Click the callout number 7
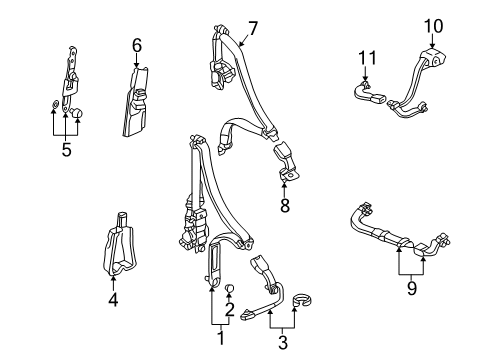point(253,29)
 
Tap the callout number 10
point(433,26)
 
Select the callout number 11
point(367,58)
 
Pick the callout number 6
point(137,45)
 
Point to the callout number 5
point(66,150)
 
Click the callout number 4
point(113,299)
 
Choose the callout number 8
point(285,205)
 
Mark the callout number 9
point(412,288)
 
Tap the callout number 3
point(283,342)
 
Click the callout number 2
point(229,309)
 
